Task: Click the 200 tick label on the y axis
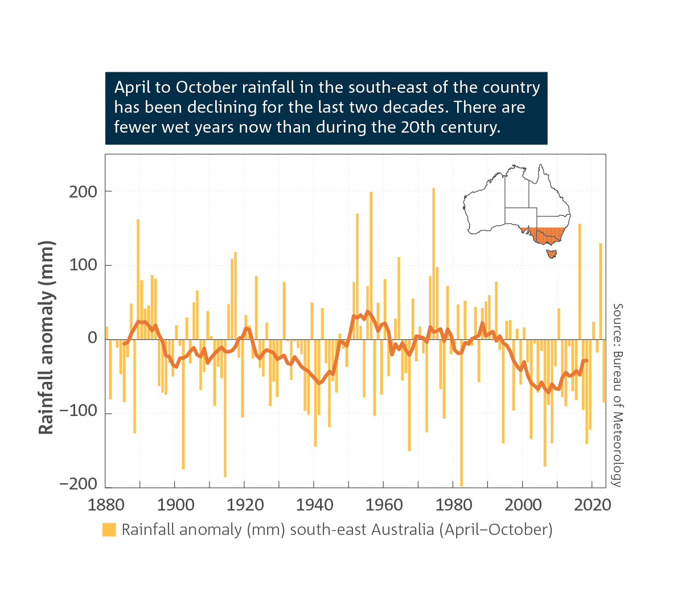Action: [83, 192]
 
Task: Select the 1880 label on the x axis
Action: [105, 505]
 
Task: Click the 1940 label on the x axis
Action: [314, 505]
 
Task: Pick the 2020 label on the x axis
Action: [592, 505]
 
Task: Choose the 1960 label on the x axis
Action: [384, 505]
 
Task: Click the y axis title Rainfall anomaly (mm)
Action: [46, 338]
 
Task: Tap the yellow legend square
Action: [109, 529]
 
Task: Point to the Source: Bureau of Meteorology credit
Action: [617, 395]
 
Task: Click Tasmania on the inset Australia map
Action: [551, 253]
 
